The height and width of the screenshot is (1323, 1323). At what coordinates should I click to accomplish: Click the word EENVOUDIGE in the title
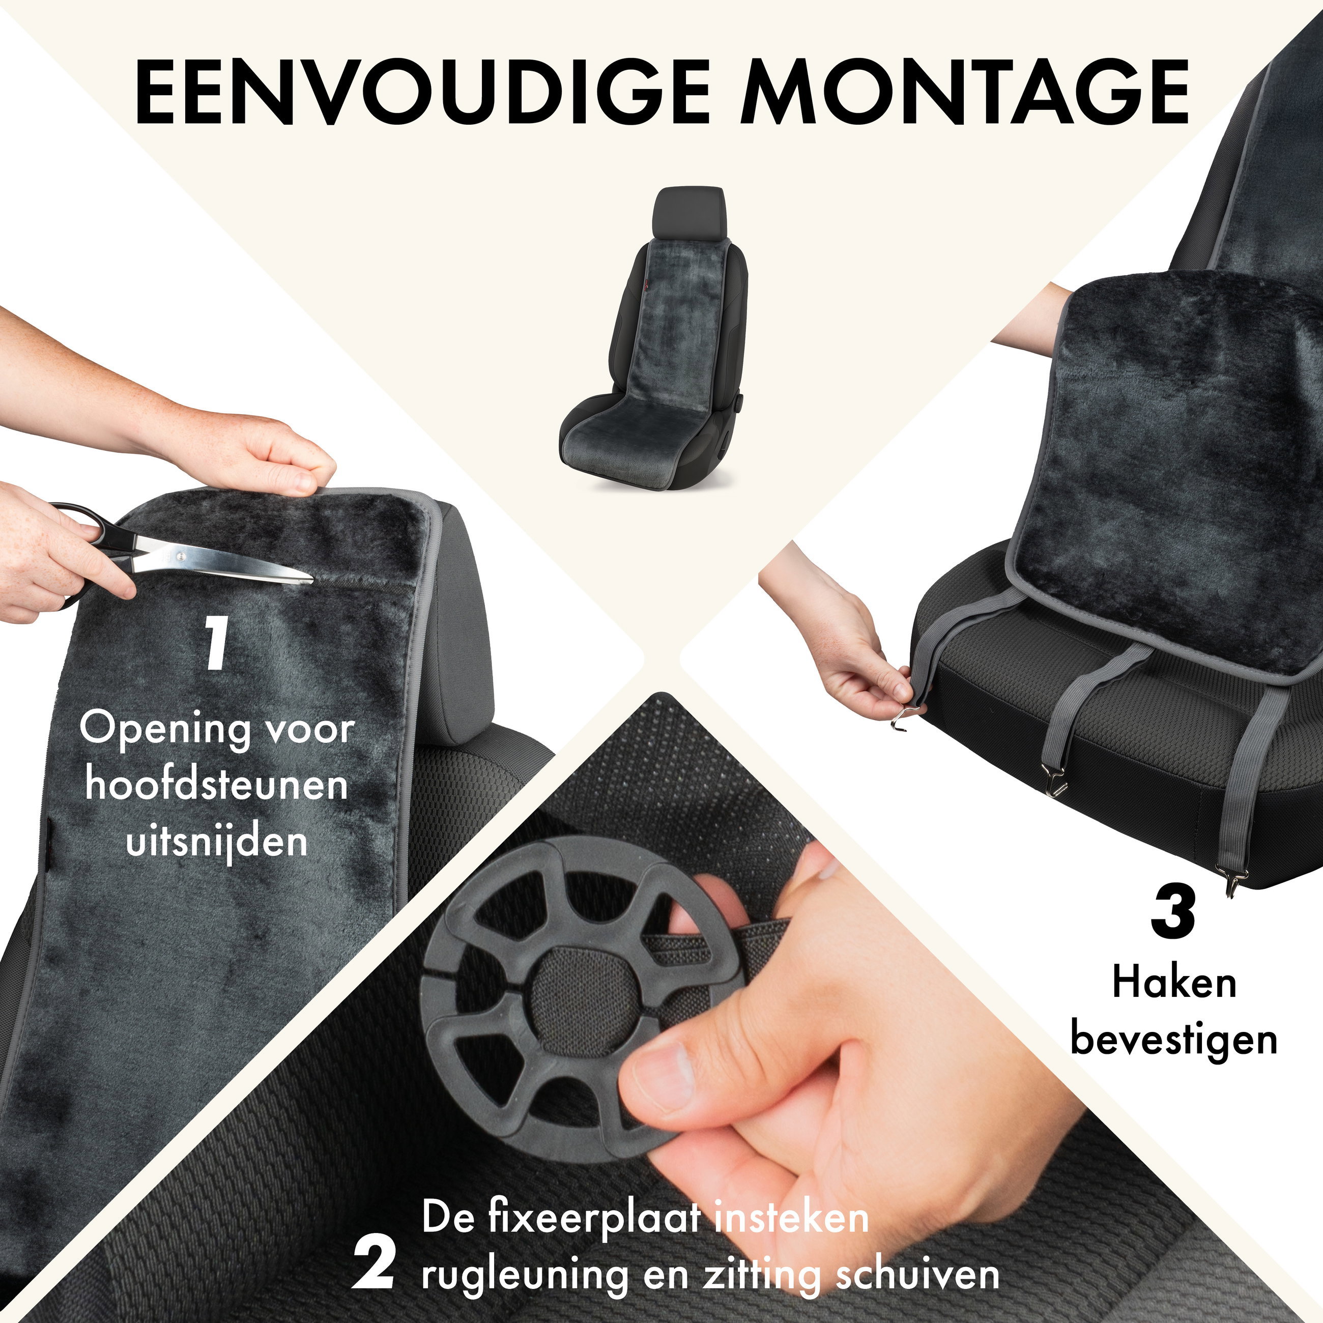(422, 93)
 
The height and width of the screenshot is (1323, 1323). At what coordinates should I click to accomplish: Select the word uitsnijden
(216, 841)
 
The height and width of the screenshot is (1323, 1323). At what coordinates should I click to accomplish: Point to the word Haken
(1174, 982)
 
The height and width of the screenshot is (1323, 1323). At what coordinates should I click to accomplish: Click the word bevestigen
(1174, 1040)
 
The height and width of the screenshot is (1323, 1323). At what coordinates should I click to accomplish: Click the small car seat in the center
(654, 342)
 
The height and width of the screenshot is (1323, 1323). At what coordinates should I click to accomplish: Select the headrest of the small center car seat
(687, 209)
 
